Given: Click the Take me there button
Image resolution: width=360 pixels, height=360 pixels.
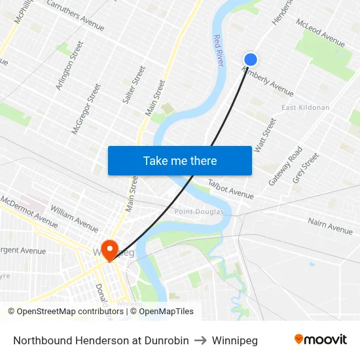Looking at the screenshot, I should pyautogui.click(x=180, y=160).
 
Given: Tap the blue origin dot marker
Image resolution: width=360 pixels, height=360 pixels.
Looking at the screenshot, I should pyautogui.click(x=250, y=60).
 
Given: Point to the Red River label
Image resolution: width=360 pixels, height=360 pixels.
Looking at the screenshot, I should pyautogui.click(x=218, y=50).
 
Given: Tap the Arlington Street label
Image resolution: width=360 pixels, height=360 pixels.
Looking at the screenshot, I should pyautogui.click(x=70, y=65).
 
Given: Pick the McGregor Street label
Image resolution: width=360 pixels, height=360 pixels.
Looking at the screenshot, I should pyautogui.click(x=86, y=109).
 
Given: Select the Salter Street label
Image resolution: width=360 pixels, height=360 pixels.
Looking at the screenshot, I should pyautogui.click(x=134, y=84).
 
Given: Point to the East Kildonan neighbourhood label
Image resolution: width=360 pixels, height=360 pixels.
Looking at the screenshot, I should pyautogui.click(x=304, y=107).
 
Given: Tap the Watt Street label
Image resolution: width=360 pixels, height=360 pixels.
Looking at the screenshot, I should pyautogui.click(x=265, y=135).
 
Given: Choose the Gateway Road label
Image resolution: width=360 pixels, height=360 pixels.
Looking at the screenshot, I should pyautogui.click(x=285, y=165).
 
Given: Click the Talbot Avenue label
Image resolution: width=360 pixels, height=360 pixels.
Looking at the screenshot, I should pyautogui.click(x=230, y=189).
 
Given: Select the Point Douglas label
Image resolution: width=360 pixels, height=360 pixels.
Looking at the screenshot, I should pyautogui.click(x=199, y=211).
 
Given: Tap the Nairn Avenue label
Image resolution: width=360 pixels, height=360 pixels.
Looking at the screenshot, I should pyautogui.click(x=330, y=226).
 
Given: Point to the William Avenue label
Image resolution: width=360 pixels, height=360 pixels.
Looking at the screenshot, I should pyautogui.click(x=74, y=218).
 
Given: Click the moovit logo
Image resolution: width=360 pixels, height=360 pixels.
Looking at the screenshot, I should pyautogui.click(x=320, y=340).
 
